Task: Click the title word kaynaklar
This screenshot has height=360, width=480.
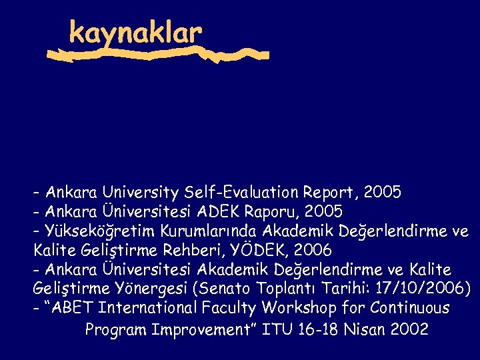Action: pyautogui.click(x=135, y=31)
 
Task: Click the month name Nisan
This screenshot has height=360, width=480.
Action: pyautogui.click(x=365, y=329)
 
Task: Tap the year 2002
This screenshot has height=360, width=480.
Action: pyautogui.click(x=409, y=329)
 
